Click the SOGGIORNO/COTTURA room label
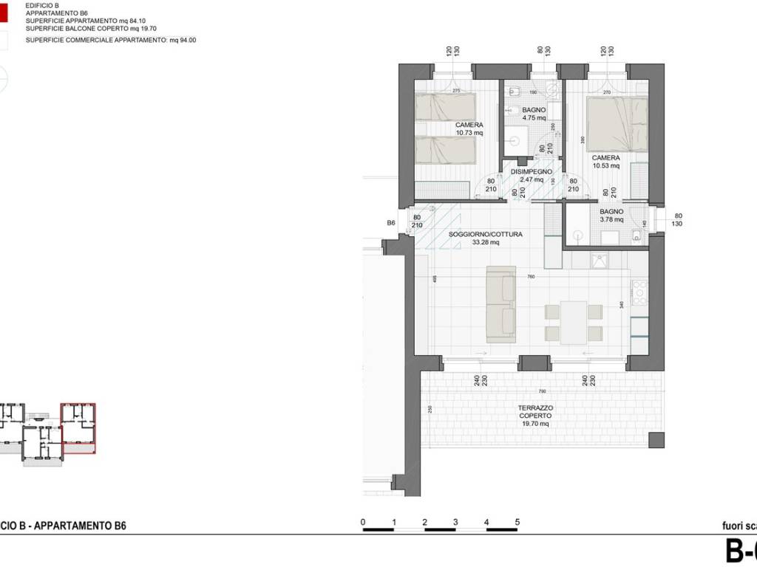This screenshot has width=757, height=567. tap(486, 235)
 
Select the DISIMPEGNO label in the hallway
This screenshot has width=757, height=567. tap(532, 172)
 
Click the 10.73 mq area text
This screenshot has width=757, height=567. tap(469, 134)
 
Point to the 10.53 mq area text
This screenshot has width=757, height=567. tap(605, 165)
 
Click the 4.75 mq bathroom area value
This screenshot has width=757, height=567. tap(533, 117)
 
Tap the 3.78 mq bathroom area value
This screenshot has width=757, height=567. tap(611, 219)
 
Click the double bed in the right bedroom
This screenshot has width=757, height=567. tap(617, 124)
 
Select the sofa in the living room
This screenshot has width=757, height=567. tap(501, 305)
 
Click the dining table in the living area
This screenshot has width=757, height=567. tap(574, 322)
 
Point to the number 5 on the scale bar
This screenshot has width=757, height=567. tap(517, 522)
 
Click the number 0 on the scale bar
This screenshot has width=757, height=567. tap(363, 522)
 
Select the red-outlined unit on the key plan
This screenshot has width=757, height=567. tap(78, 426)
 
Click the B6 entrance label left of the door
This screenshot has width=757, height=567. tap(392, 222)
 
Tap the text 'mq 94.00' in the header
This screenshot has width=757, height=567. tap(182, 40)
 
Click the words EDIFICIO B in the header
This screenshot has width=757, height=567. tap(41, 5)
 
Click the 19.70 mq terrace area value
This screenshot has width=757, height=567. tap(535, 424)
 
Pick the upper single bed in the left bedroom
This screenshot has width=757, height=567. tap(444, 108)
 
